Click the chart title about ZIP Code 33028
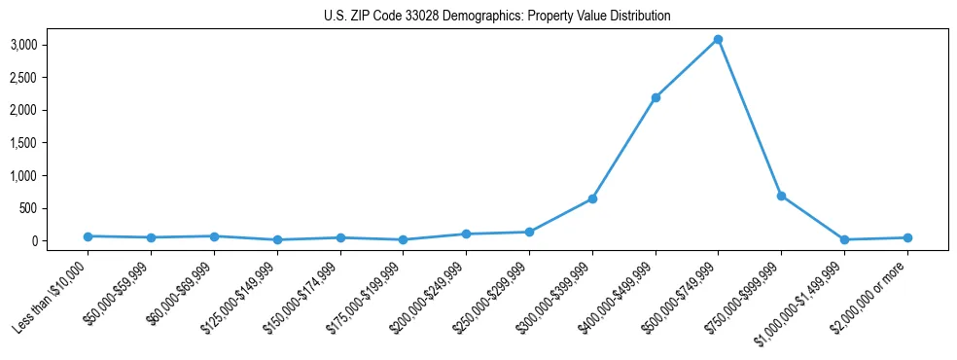497,17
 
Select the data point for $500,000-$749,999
718,40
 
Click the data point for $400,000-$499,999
656,97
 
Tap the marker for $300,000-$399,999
592,198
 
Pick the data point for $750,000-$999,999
781,196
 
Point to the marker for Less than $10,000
88,236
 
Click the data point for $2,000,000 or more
907,237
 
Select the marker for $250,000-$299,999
529,232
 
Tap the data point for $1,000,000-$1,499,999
844,239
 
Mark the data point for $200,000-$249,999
466,234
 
